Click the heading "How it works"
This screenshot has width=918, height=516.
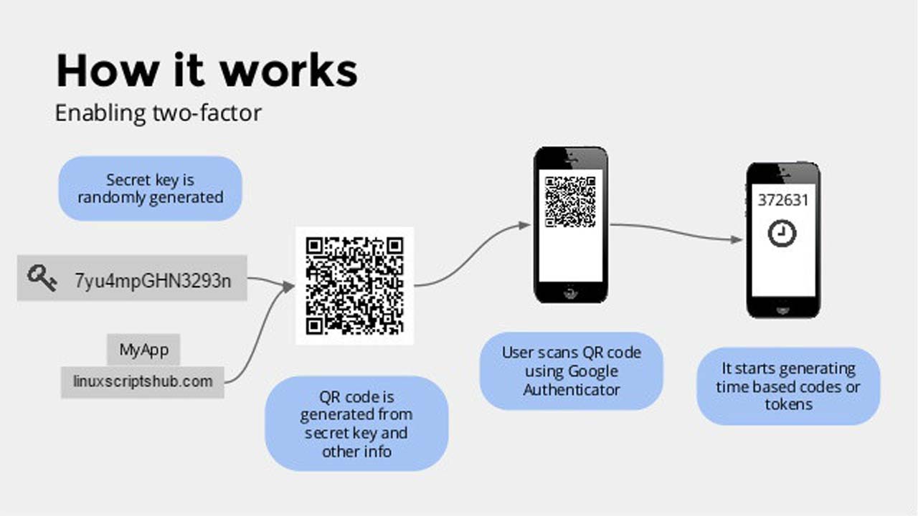(x=207, y=71)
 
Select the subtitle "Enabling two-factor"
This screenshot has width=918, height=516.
(x=158, y=113)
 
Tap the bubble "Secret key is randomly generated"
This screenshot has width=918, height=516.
(x=150, y=188)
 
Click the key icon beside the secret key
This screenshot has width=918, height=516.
(x=42, y=278)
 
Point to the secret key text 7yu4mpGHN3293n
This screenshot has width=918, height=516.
(x=153, y=279)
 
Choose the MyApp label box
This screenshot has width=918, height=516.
(x=143, y=350)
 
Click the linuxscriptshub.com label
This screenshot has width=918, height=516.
(x=143, y=381)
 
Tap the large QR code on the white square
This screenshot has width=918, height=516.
(x=355, y=285)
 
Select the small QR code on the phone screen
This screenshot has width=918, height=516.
(x=570, y=201)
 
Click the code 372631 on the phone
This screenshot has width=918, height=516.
(x=782, y=200)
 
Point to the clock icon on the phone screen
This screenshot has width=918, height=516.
(x=782, y=234)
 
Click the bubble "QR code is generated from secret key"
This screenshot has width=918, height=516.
(x=356, y=424)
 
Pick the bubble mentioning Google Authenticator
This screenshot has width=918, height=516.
(x=571, y=371)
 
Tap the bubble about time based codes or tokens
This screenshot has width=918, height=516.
(x=788, y=386)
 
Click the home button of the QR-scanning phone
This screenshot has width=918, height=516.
(x=571, y=292)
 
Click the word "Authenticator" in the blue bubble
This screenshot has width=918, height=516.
(x=571, y=390)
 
